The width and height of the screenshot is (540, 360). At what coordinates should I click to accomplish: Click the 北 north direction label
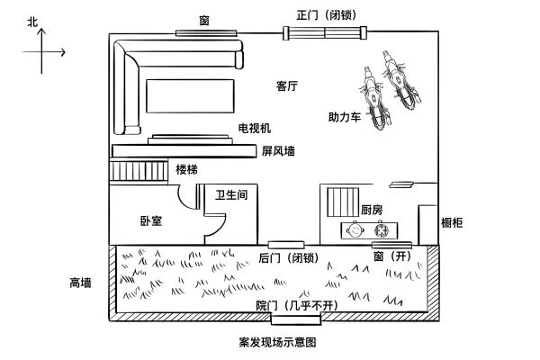point(32,22)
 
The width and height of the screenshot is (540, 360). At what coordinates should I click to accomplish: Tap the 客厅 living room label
point(287,86)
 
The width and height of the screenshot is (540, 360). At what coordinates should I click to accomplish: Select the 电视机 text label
point(255,128)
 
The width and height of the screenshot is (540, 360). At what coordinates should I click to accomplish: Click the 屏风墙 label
point(278,151)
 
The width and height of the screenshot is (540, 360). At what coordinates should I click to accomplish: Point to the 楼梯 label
point(186,169)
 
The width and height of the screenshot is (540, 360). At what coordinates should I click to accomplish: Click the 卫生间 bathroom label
point(231,195)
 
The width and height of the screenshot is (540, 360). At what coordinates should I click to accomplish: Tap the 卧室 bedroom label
point(151,220)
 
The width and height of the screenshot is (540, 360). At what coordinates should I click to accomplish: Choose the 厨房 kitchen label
point(372,210)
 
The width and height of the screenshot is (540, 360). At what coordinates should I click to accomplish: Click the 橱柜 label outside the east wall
point(452,223)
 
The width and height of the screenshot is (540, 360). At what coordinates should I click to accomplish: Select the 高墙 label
point(80,283)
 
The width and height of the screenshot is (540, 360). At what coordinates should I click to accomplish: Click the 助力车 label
point(345,117)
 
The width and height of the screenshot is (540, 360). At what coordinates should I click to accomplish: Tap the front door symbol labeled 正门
point(325,33)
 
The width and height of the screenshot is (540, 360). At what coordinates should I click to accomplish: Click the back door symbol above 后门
point(286,245)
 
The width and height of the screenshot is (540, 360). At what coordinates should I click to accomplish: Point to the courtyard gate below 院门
point(296,319)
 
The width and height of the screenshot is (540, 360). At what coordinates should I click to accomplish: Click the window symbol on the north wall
point(206,33)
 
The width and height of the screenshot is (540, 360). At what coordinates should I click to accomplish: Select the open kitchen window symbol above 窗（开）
point(391,245)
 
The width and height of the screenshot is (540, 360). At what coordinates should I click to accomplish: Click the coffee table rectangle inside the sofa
point(190,96)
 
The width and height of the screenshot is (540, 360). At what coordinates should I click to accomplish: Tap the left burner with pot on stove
point(355,230)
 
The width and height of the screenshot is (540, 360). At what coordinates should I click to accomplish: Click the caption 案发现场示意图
point(277,342)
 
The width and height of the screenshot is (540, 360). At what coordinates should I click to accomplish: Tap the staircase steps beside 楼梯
point(139,171)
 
